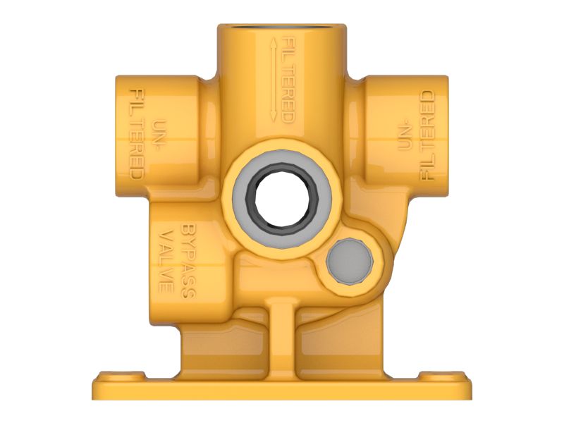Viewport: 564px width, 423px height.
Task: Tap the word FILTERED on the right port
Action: tap(426, 139)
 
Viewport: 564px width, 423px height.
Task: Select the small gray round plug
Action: tap(350, 260)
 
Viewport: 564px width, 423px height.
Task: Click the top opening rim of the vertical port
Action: tap(281, 27)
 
